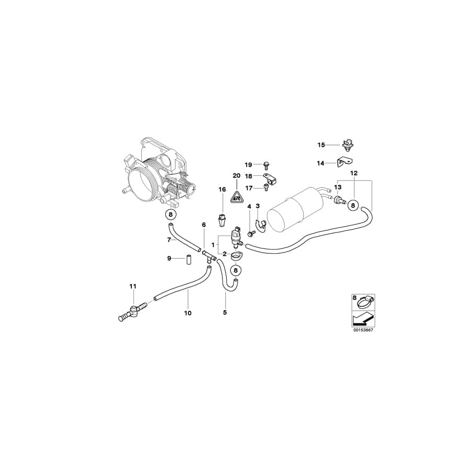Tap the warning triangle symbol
click(x=237, y=196)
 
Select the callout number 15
click(x=321, y=144)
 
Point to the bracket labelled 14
click(x=343, y=162)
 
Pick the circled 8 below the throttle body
click(x=170, y=214)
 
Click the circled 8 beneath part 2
click(x=236, y=270)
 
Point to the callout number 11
click(x=133, y=286)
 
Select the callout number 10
click(x=188, y=313)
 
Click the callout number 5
click(x=225, y=313)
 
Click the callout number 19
click(x=249, y=164)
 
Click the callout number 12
click(x=354, y=173)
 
